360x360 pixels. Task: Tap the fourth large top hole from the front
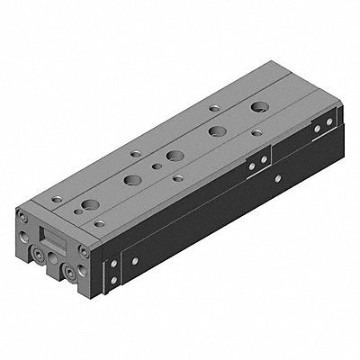point(217,130)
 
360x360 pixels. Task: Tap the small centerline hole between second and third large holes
point(157,166)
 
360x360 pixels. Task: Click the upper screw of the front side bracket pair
point(112,266)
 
